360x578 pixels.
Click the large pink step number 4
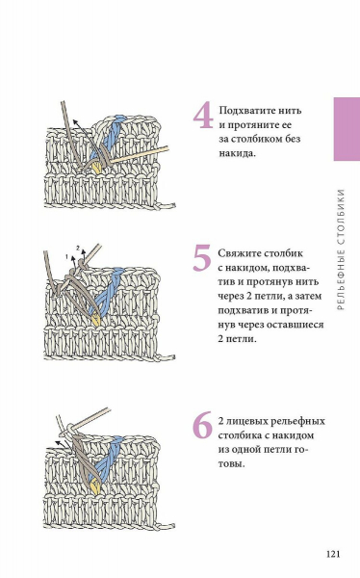(x=203, y=117)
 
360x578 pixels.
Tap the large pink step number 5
(x=202, y=257)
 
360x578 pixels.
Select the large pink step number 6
(x=203, y=425)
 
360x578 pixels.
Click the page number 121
(x=333, y=554)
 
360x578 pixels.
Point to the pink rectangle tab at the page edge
(x=347, y=129)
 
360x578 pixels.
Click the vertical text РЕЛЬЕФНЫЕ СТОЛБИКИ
(x=341, y=250)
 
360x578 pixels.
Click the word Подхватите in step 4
(x=244, y=111)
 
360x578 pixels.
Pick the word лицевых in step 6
(x=246, y=421)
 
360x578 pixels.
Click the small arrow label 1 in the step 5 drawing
(x=66, y=256)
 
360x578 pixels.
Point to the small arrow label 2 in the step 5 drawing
(x=78, y=248)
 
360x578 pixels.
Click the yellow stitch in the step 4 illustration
(x=96, y=168)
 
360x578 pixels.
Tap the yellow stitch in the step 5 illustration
(x=96, y=319)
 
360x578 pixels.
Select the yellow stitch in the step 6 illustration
(x=96, y=486)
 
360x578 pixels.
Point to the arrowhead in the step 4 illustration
(x=75, y=122)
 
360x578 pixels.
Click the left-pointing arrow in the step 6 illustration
(x=62, y=443)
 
